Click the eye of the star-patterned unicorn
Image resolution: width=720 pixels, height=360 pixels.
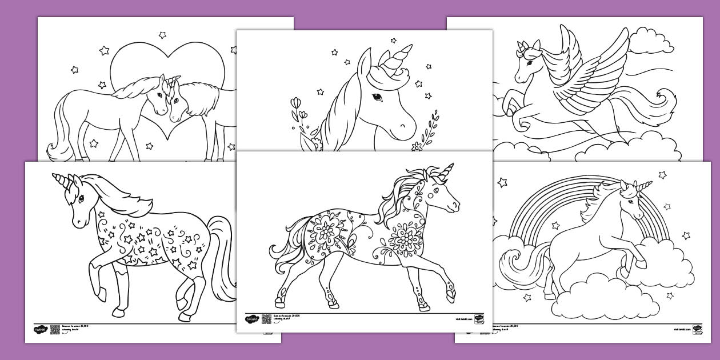click(81, 199)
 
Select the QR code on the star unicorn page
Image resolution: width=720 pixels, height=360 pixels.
click(55, 329)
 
